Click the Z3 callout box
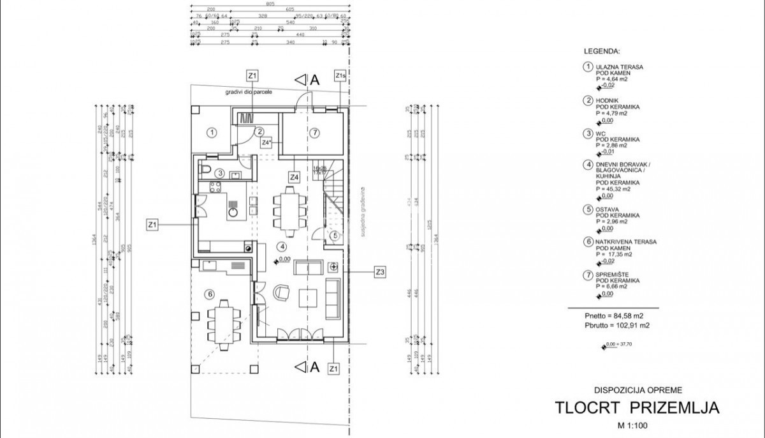point(380,272)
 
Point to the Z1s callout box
point(340,76)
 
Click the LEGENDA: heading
point(602,50)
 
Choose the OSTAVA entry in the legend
point(608,209)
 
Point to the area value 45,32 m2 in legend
point(616,189)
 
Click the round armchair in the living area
point(281,293)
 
